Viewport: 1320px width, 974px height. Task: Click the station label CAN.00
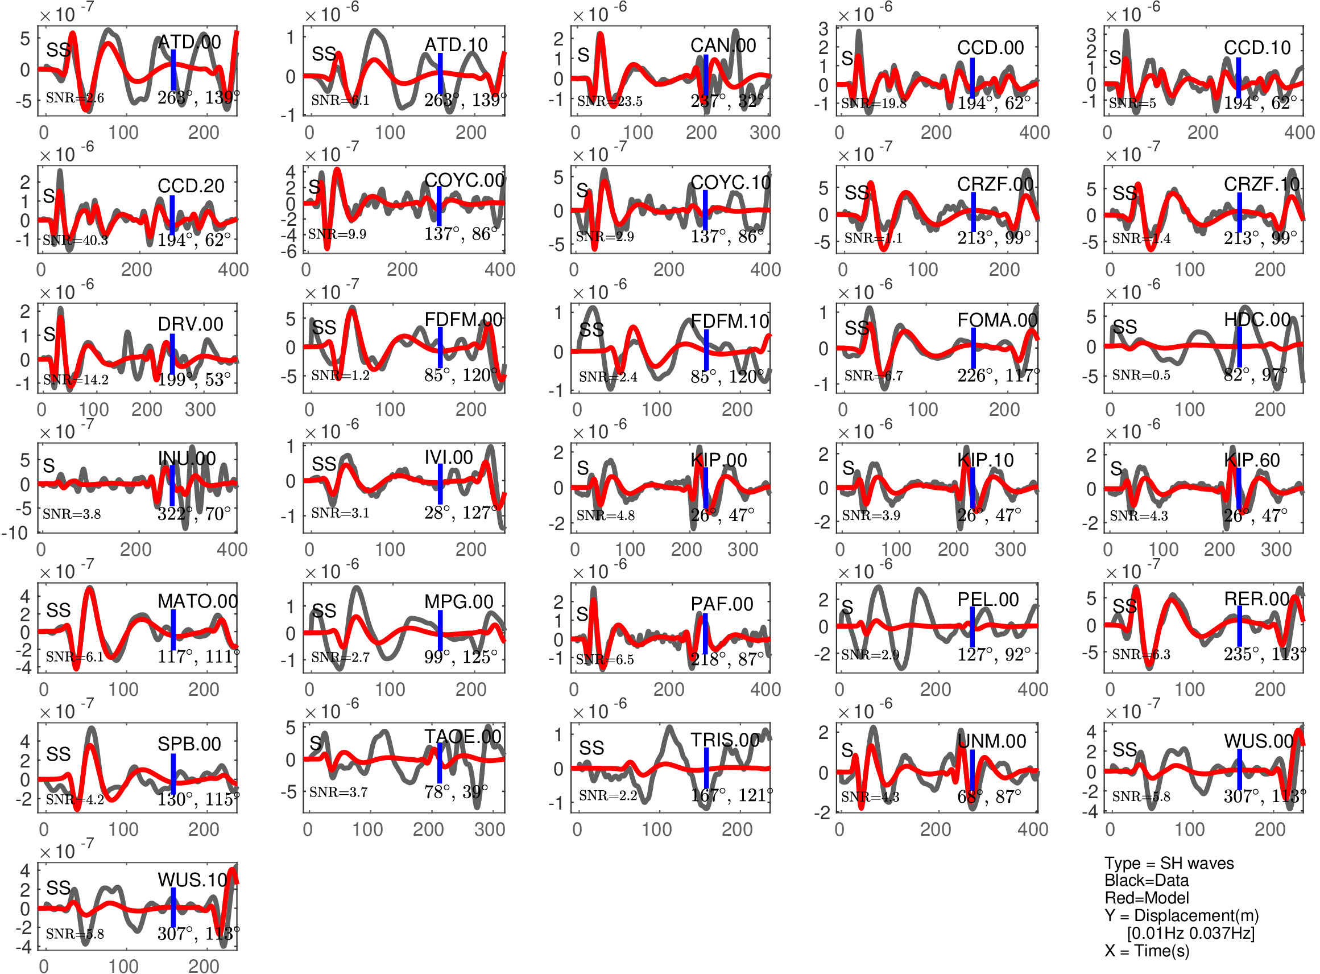tap(723, 46)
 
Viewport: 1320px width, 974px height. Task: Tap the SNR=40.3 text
tap(75, 240)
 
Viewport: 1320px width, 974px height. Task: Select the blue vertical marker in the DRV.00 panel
tap(172, 353)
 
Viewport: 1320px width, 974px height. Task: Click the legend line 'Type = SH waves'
tap(1169, 863)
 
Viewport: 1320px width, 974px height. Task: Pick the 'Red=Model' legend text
tap(1146, 898)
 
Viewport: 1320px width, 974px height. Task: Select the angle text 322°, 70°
tap(193, 514)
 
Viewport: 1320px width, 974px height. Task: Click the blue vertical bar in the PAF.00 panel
tap(705, 633)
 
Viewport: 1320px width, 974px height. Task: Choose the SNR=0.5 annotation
tap(1141, 375)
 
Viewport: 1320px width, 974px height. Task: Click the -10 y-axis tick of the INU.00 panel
tap(15, 533)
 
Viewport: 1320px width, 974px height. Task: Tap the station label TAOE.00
tap(462, 736)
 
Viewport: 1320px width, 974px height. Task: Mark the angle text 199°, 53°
tap(193, 379)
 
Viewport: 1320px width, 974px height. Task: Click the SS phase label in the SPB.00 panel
tap(59, 754)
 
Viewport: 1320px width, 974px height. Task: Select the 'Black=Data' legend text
tap(1146, 881)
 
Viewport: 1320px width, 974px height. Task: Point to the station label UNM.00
tap(992, 741)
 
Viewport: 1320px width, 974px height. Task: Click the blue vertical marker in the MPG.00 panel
tap(440, 631)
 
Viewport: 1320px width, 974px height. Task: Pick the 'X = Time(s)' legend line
tap(1147, 951)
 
